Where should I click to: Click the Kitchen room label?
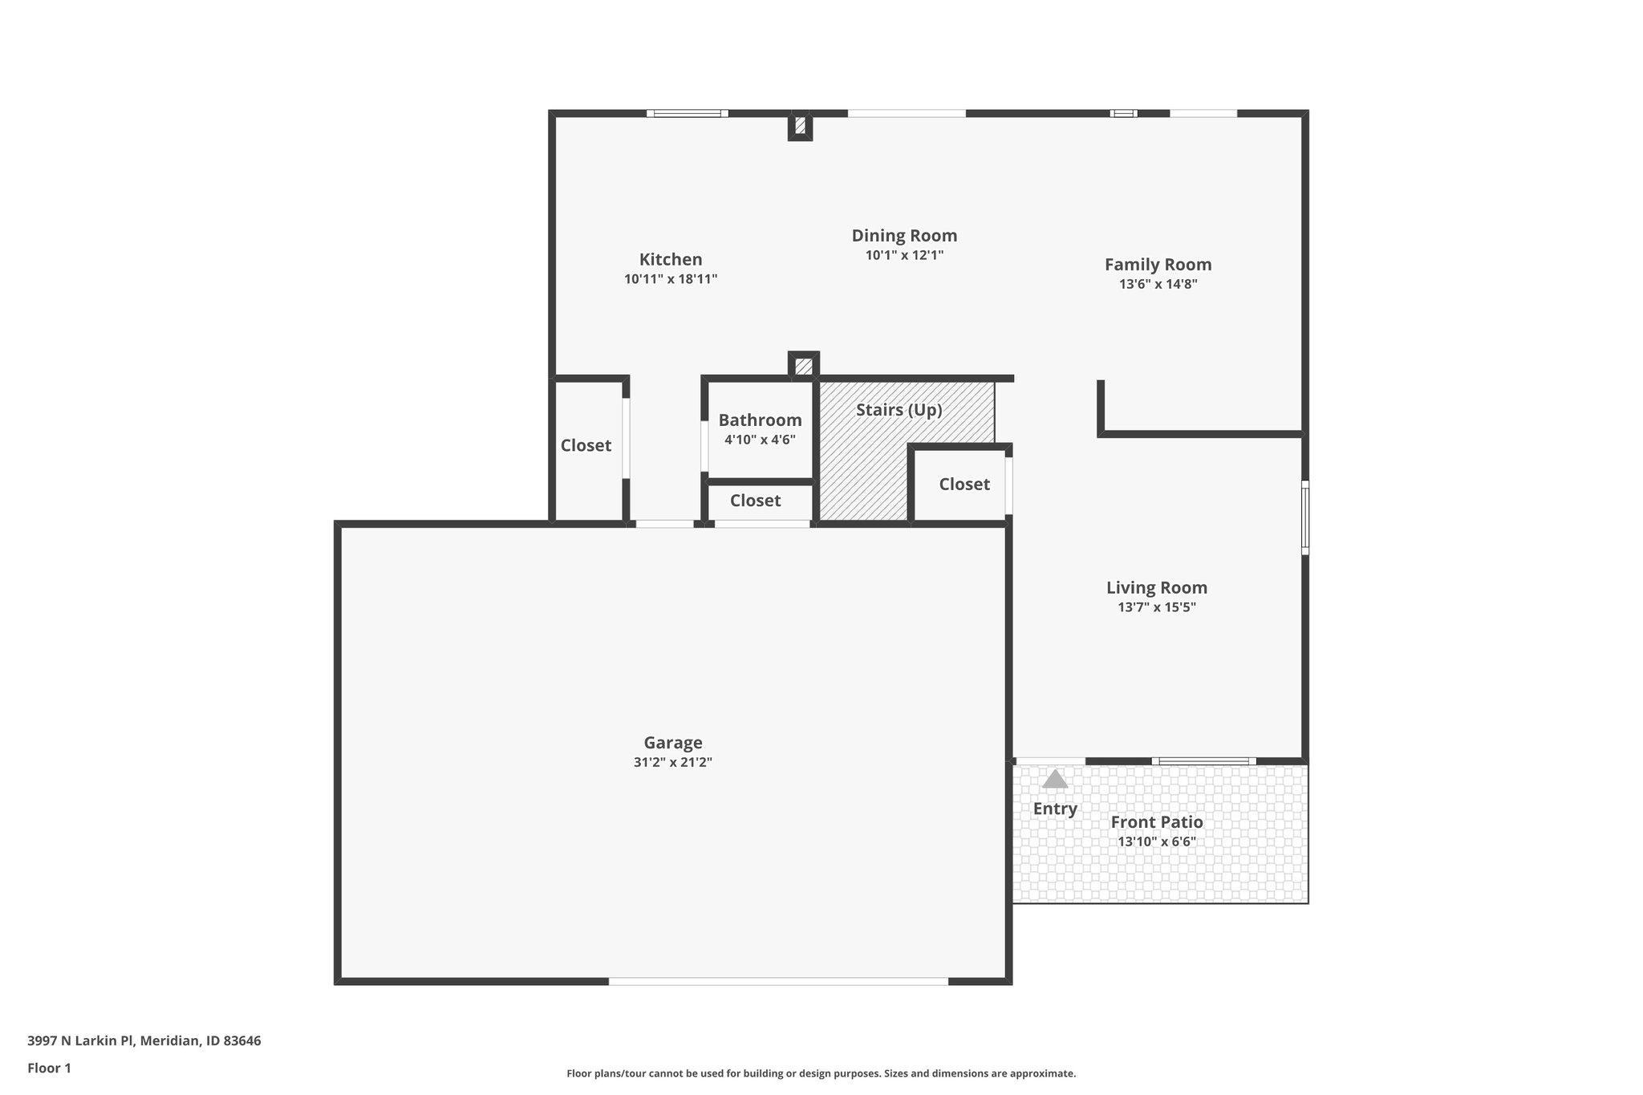click(x=671, y=259)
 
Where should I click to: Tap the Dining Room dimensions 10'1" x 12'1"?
click(x=904, y=256)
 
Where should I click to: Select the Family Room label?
click(x=1158, y=265)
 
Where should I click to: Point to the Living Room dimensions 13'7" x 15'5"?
click(x=1157, y=608)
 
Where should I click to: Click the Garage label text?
click(x=673, y=743)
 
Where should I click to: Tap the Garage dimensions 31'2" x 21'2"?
click(x=673, y=763)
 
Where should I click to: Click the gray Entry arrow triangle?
click(x=1055, y=780)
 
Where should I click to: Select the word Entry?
click(x=1055, y=809)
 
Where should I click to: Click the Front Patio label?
click(x=1157, y=822)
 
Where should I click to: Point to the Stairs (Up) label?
click(x=899, y=410)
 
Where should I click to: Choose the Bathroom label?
click(x=760, y=420)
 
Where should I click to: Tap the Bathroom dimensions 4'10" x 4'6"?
click(x=760, y=440)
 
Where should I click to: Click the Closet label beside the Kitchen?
click(x=586, y=446)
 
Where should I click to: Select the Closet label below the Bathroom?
click(x=755, y=501)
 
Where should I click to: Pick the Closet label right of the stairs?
click(x=964, y=485)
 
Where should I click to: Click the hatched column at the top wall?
click(x=800, y=126)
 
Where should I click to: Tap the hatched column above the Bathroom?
click(x=803, y=367)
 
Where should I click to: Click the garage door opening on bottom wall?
click(x=778, y=980)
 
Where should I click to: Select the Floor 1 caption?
click(x=50, y=1069)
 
